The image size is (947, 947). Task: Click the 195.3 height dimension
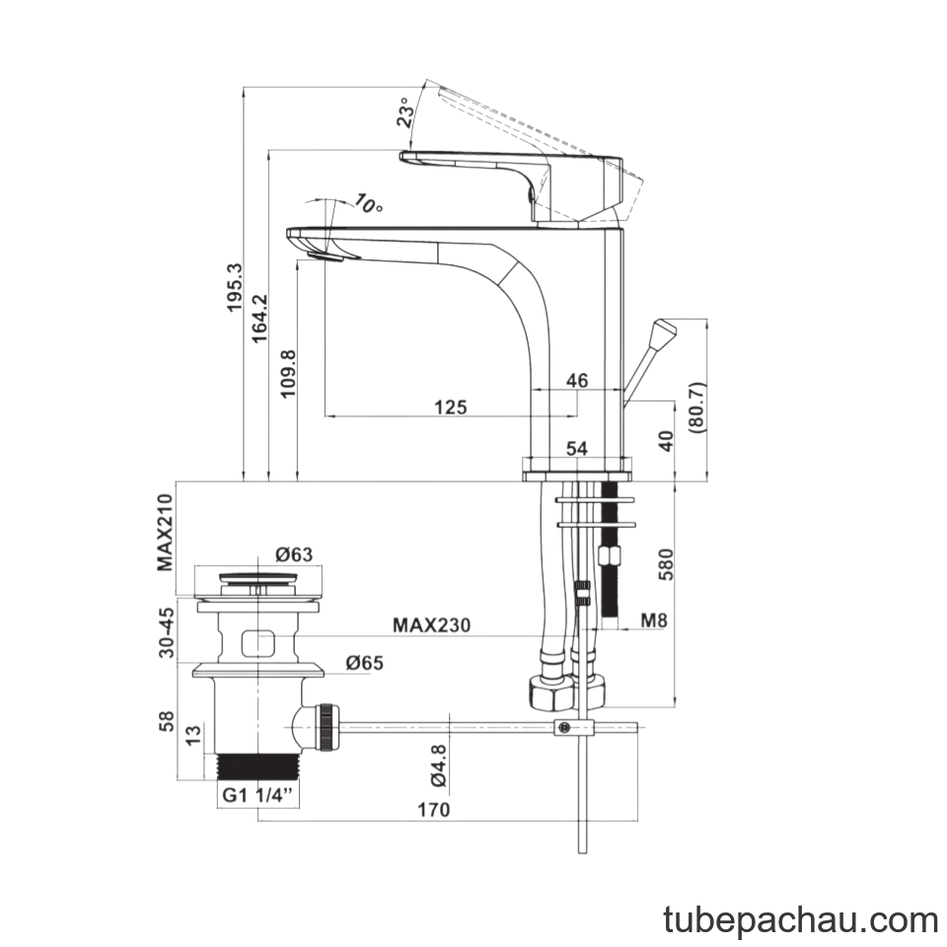point(234,287)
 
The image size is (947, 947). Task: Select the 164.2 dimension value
point(259,319)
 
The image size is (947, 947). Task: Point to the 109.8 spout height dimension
point(288,374)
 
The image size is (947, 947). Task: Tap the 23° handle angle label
point(406,112)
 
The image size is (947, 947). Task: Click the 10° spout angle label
point(367,203)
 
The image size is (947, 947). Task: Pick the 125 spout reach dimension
point(451,407)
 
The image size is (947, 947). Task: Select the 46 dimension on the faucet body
point(577,381)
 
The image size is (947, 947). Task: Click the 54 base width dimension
point(577,448)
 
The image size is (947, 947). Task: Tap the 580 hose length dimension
point(665,564)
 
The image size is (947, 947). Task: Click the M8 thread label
point(654,619)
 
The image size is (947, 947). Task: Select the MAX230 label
point(431,624)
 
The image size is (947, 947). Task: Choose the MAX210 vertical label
point(165,533)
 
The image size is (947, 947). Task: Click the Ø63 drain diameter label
point(294,553)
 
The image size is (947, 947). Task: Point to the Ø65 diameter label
point(365,663)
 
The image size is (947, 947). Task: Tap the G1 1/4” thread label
point(256,795)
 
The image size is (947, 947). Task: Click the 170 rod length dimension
point(434,809)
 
